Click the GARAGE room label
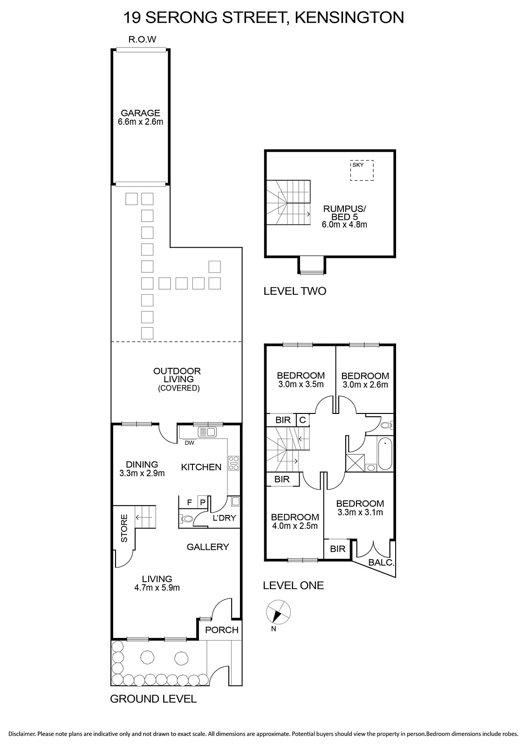(x=140, y=113)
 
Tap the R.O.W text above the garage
(x=142, y=40)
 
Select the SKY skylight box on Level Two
(x=362, y=170)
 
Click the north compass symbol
(x=278, y=612)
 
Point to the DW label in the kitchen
(x=189, y=443)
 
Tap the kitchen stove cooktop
(x=233, y=463)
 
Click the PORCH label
(x=222, y=630)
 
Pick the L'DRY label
(x=224, y=517)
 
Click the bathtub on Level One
(x=385, y=454)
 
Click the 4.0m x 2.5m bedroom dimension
(x=295, y=526)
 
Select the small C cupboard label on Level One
(x=302, y=420)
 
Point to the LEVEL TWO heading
(x=294, y=291)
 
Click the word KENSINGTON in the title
(x=349, y=17)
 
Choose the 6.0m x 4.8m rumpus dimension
(x=344, y=224)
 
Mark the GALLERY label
(x=208, y=547)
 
